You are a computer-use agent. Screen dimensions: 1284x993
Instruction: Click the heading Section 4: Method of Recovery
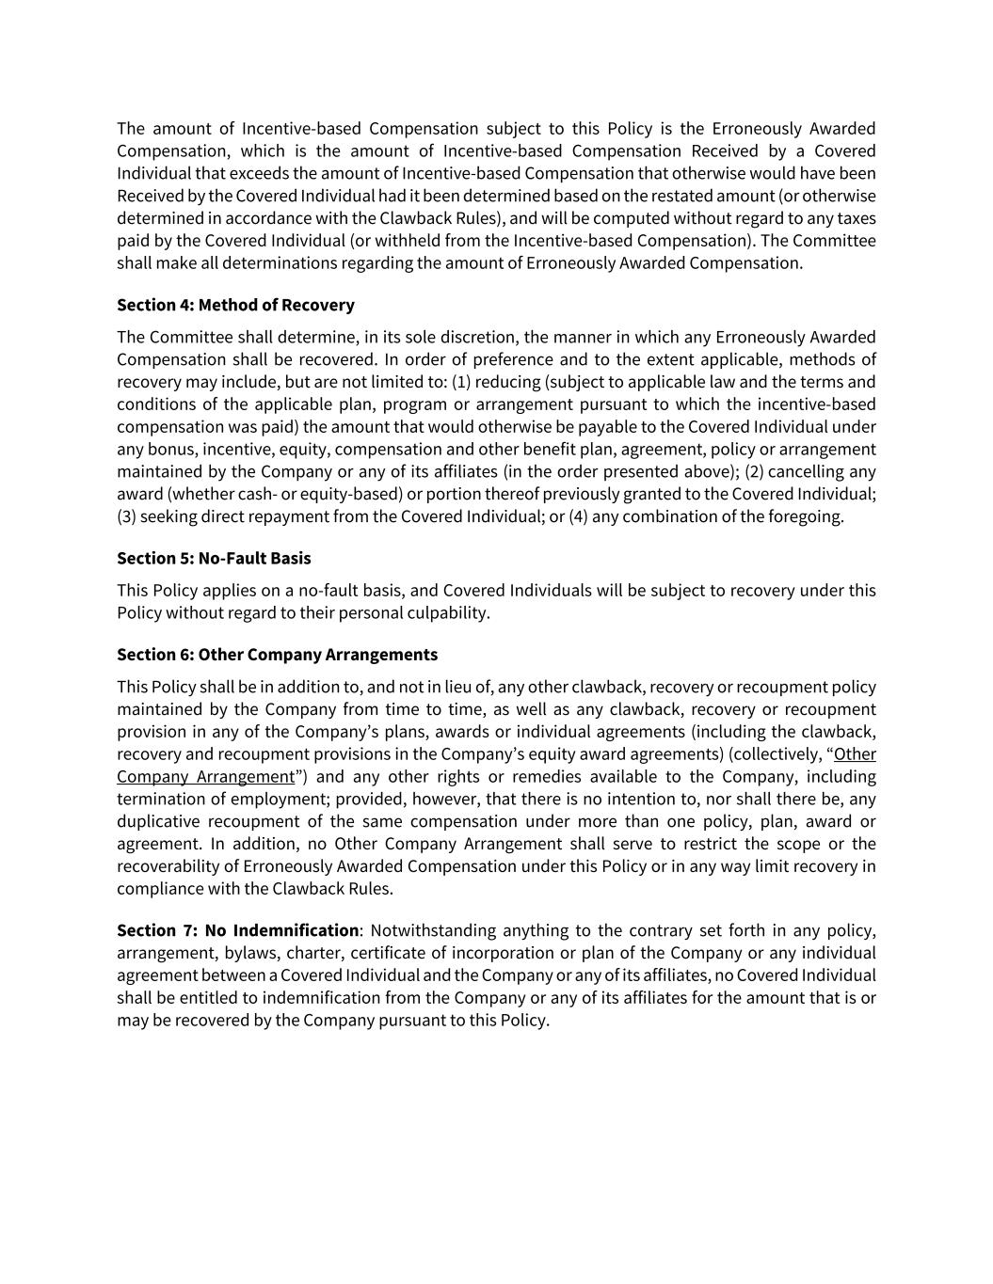pos(235,305)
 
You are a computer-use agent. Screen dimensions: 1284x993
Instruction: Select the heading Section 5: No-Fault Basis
pos(214,558)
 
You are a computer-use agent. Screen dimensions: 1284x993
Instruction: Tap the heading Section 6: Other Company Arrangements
pos(277,654)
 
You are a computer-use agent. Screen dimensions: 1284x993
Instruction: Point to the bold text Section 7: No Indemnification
pos(237,930)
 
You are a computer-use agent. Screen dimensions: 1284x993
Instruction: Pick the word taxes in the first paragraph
pos(855,218)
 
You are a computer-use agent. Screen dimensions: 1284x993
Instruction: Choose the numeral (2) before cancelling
pos(754,471)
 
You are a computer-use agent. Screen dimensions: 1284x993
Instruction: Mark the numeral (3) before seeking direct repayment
pos(126,516)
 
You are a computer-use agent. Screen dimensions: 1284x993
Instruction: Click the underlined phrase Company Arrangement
pos(205,776)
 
